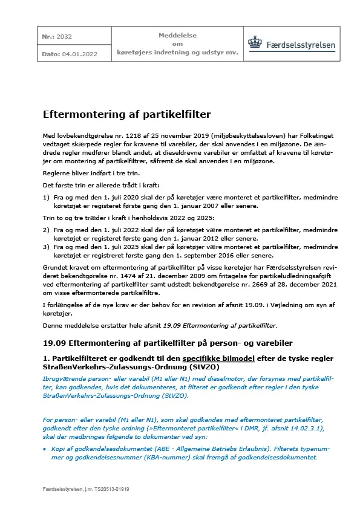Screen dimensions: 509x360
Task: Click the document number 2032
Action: (x=64, y=36)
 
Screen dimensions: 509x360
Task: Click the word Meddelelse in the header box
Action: (x=177, y=36)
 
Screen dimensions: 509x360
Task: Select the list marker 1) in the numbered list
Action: (x=46, y=197)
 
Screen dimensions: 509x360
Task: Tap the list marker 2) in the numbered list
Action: (x=46, y=230)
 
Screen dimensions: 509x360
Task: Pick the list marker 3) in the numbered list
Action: (x=46, y=247)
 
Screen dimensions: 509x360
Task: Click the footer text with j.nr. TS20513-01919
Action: (x=86, y=488)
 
